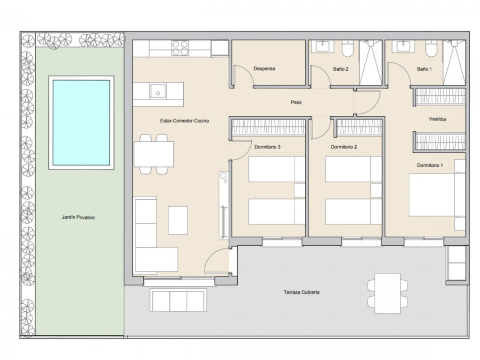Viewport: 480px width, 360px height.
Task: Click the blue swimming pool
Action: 82,123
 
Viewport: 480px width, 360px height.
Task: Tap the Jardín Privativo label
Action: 78,217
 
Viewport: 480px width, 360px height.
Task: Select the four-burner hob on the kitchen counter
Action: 180,48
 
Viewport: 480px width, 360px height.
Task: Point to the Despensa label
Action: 264,68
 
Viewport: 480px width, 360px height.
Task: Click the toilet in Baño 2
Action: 347,49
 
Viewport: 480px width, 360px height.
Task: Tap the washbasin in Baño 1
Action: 405,46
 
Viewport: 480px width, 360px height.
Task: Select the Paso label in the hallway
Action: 296,102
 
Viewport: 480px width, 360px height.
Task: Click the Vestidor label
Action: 437,119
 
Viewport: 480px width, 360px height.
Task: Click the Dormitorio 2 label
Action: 344,147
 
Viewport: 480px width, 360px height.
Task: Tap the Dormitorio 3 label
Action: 267,147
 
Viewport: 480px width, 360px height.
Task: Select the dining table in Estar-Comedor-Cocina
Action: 154,154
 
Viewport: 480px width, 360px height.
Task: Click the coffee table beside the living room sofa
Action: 178,220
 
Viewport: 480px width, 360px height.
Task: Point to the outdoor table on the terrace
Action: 388,293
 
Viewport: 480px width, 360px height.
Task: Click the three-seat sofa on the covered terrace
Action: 178,300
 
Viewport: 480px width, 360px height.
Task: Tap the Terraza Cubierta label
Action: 301,292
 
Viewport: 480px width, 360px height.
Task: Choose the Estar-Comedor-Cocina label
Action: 184,121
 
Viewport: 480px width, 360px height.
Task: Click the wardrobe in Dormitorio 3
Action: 269,127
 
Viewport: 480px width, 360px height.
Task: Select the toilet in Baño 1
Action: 431,49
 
